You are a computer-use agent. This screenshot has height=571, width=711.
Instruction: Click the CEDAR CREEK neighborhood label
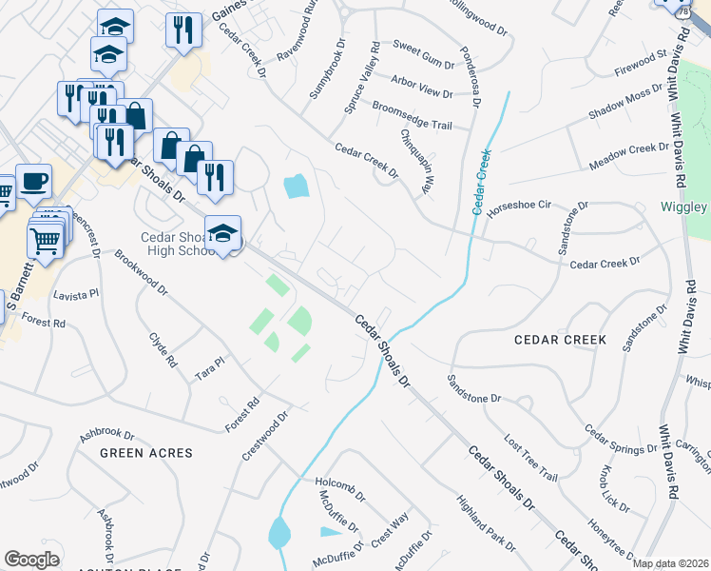(x=560, y=340)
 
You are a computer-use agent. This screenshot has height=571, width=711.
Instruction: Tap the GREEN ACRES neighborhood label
(x=146, y=454)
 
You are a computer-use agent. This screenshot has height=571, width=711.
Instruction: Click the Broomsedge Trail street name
(x=412, y=115)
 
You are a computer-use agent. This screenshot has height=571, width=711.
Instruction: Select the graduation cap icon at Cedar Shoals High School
(x=222, y=233)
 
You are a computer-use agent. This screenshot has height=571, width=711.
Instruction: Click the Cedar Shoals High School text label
(x=181, y=245)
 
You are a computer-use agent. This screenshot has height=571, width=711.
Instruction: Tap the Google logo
(x=31, y=559)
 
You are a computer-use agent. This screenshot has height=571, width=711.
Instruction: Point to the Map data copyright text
(x=670, y=563)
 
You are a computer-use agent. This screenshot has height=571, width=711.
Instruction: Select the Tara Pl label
(x=209, y=366)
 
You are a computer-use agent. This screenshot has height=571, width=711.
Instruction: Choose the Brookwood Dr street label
(x=141, y=272)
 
